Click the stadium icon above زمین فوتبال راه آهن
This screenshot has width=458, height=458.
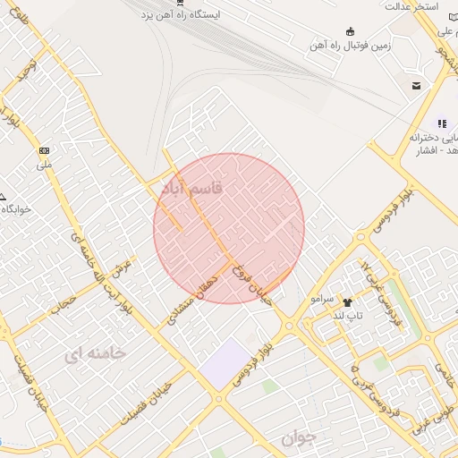tap(349, 30)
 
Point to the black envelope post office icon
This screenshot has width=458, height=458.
tap(417, 86)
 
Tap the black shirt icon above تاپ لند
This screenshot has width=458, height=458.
tap(347, 302)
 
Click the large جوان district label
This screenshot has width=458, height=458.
tap(298, 438)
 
